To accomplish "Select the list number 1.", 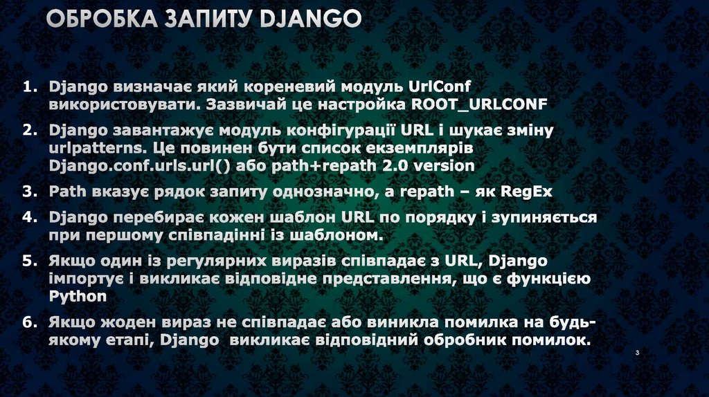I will [28, 88].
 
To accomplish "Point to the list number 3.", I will [28, 191].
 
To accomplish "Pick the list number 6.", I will [28, 322].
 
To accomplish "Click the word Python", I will [78, 296].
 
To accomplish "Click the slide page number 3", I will [636, 354].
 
